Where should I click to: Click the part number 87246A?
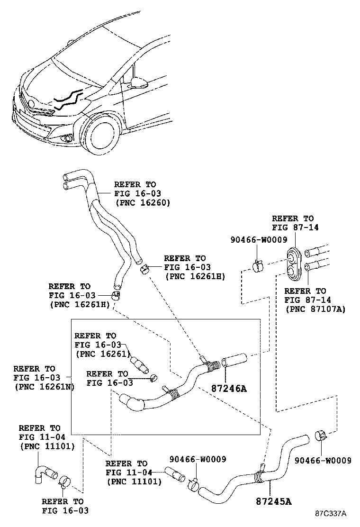[x=230, y=389]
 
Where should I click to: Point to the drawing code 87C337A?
[x=332, y=513]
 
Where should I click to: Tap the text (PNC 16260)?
[x=143, y=202]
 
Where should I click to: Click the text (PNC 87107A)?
[x=315, y=309]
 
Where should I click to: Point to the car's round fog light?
[x=67, y=138]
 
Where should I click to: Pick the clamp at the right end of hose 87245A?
[x=321, y=435]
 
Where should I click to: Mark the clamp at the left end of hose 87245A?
[x=194, y=483]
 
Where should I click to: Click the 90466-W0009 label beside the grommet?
[x=259, y=240]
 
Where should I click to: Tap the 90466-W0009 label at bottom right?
[x=323, y=460]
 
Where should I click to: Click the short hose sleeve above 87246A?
[x=235, y=360]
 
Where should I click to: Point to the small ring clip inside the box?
[x=153, y=378]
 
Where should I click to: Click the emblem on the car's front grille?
[x=32, y=103]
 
